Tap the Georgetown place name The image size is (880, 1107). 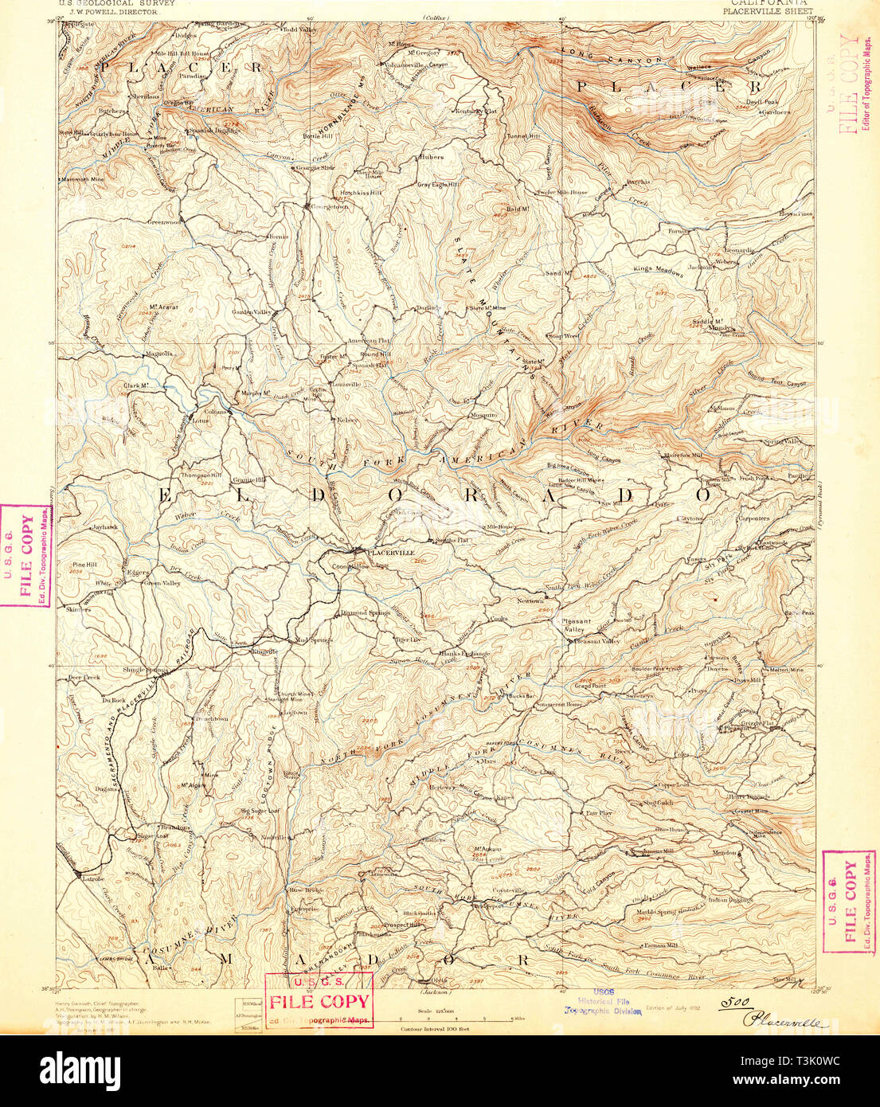(x=330, y=207)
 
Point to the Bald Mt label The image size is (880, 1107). (x=518, y=209)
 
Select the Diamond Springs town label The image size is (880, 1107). (x=366, y=612)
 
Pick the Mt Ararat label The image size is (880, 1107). (x=163, y=307)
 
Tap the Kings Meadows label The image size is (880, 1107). (x=658, y=271)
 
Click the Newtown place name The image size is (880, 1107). (x=530, y=600)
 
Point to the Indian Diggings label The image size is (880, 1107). (x=730, y=900)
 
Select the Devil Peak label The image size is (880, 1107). (x=762, y=102)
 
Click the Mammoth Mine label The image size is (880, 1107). (x=83, y=180)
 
